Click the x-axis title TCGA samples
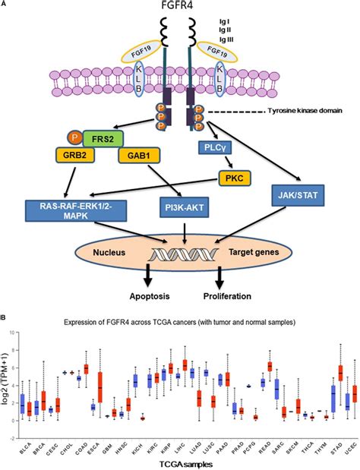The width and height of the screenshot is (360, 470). [179, 462]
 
